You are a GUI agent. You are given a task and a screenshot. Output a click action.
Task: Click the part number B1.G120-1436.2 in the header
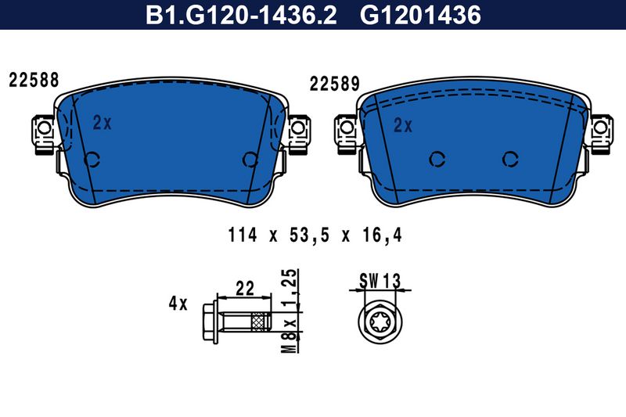point(242,15)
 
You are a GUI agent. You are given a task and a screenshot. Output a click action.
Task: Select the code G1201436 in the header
point(420,15)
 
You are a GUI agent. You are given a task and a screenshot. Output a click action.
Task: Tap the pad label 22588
point(34,80)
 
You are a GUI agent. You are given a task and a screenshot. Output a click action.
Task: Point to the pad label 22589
point(335,84)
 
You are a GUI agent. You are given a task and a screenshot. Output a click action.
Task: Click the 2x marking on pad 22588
point(103,123)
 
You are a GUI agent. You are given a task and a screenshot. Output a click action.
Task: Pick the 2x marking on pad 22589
point(403,126)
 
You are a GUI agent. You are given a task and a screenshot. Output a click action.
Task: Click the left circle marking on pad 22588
point(92,160)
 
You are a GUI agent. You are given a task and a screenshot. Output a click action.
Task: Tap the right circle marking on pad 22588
point(250,160)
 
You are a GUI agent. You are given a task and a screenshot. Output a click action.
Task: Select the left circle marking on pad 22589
point(437,160)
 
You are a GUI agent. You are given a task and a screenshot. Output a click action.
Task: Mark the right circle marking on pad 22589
point(510,160)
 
